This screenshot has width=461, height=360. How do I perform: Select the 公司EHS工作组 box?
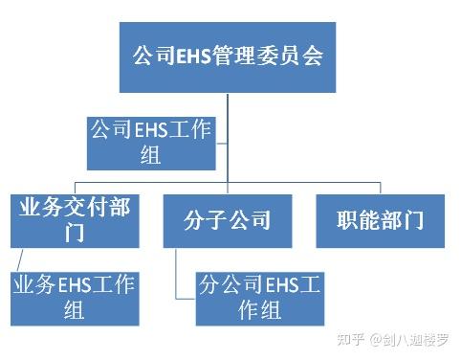[x=150, y=142]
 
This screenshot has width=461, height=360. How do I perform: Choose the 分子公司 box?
[x=229, y=221]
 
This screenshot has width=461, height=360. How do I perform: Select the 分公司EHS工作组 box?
[x=259, y=297]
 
